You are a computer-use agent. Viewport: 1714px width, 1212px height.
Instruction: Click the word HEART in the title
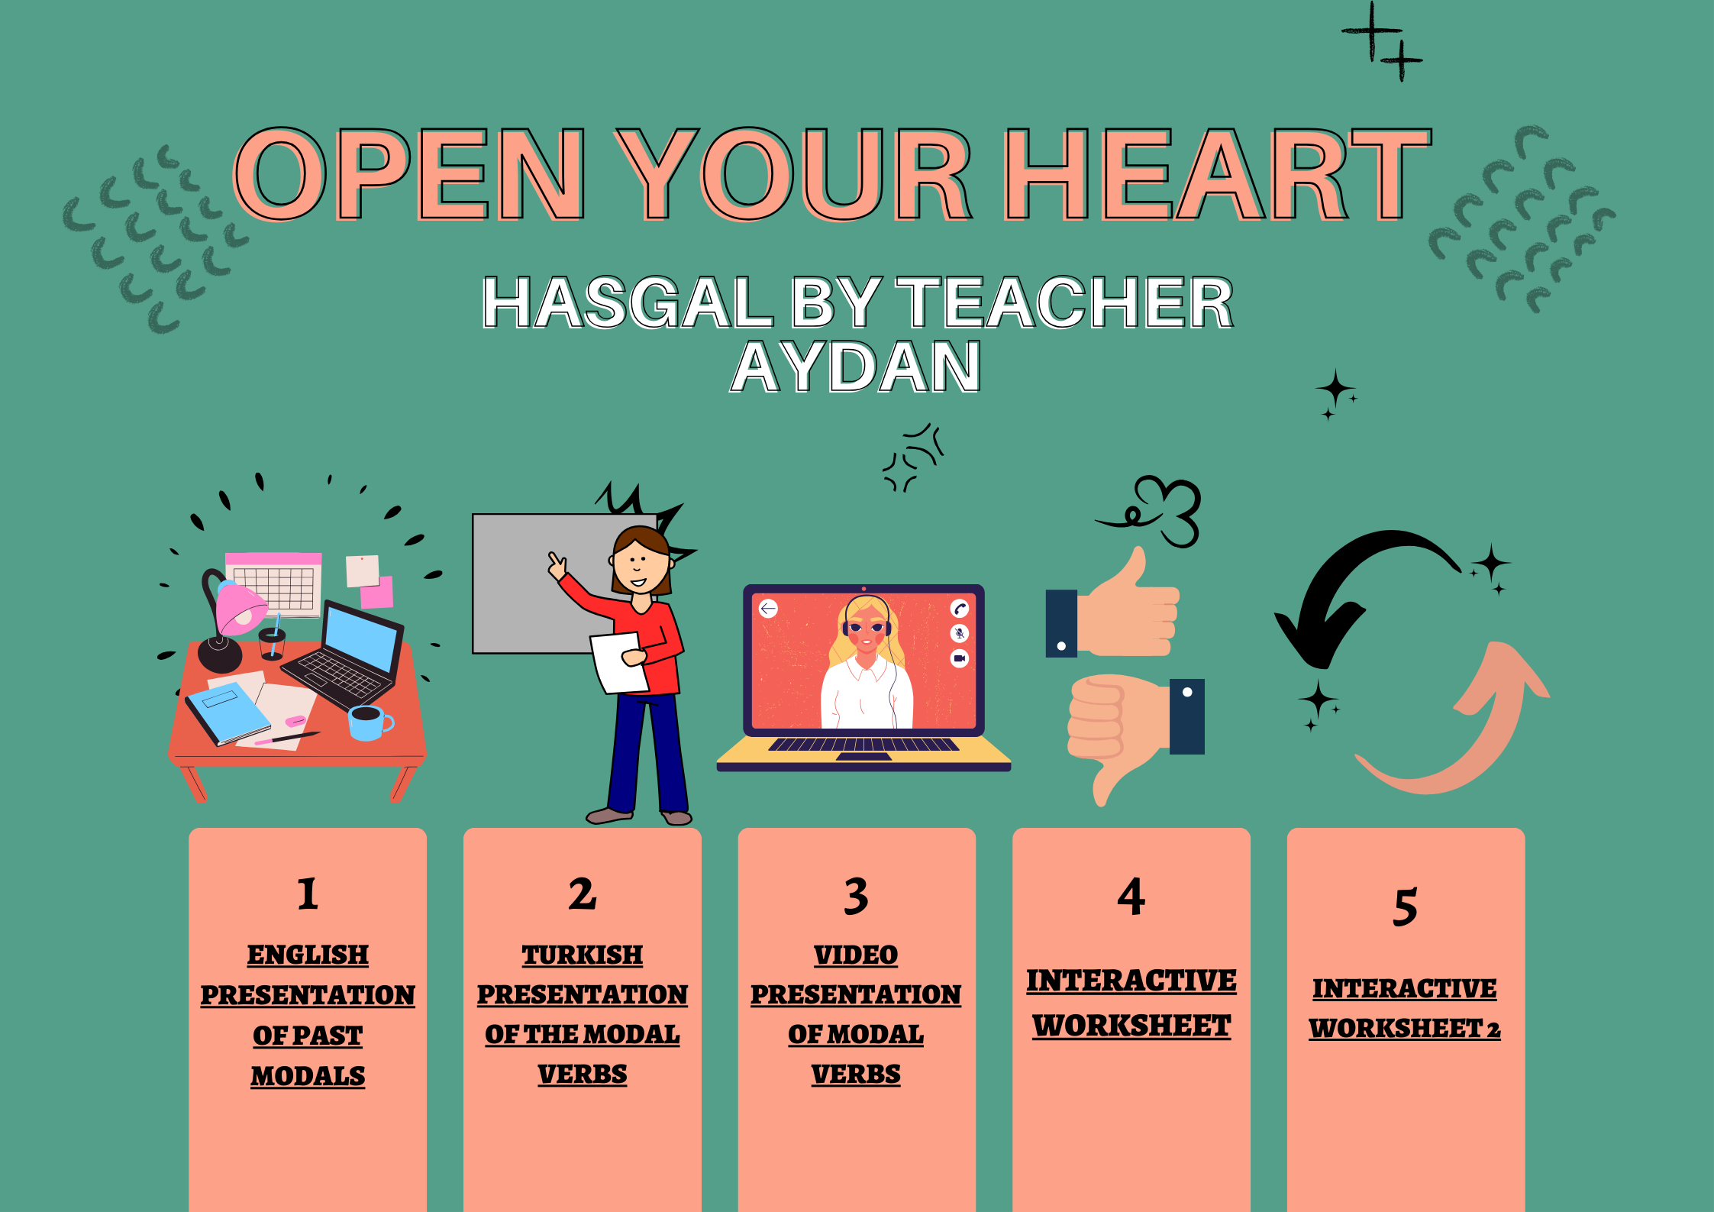(x=1218, y=173)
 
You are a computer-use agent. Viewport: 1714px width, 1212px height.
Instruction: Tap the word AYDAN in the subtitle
(x=856, y=367)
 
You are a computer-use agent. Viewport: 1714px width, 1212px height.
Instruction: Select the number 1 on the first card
(x=308, y=894)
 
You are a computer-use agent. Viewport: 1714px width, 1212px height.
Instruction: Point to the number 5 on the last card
(x=1406, y=907)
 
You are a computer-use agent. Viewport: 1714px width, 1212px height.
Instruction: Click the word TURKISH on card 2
(x=583, y=955)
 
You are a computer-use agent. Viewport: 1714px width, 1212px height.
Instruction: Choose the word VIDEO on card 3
(x=856, y=955)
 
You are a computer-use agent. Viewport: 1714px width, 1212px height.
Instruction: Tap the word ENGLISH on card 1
(x=308, y=955)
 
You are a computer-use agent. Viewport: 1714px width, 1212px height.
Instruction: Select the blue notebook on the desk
(x=228, y=713)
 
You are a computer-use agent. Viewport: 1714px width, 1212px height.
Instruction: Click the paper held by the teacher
(x=619, y=663)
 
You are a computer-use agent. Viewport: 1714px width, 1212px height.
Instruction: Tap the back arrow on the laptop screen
(x=768, y=609)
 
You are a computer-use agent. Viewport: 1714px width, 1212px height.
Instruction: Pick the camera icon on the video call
(x=960, y=658)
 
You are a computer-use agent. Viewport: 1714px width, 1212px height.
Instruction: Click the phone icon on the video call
(x=960, y=609)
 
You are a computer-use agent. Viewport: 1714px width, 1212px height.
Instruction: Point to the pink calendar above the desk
(x=274, y=584)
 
